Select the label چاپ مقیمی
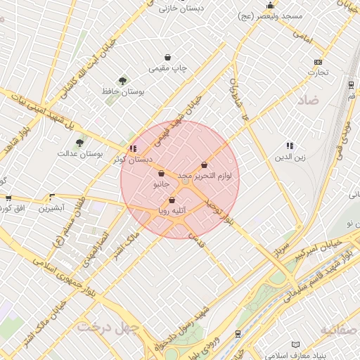168,69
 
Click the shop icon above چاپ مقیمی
167,58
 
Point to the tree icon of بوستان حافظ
123,81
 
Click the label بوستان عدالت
80,153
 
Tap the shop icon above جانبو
162,173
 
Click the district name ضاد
308,101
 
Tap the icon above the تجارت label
317,62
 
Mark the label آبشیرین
51,208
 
